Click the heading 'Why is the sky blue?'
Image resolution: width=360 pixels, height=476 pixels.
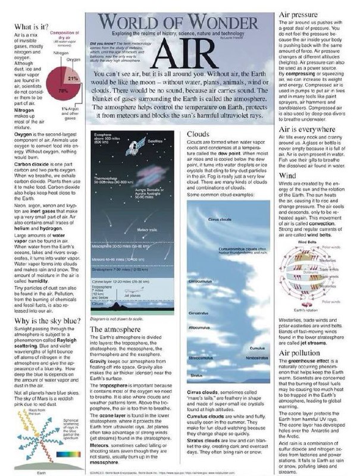point(45,322)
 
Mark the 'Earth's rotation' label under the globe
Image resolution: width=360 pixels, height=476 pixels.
point(292,310)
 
